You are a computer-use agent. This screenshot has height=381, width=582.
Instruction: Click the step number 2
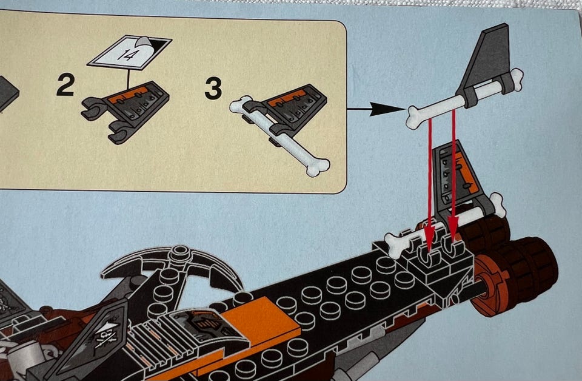[65, 85]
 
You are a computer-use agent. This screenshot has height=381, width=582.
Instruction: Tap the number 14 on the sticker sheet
[127, 55]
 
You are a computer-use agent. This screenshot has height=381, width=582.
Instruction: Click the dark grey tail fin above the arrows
[487, 63]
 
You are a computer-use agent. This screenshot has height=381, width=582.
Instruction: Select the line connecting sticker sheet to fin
[128, 79]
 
